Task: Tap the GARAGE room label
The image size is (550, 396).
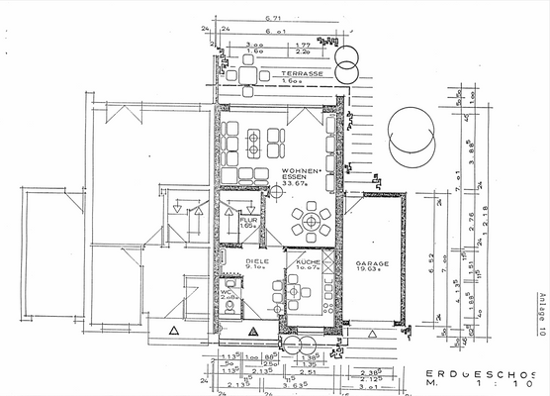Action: pos(373,264)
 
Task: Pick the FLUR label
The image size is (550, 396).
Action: pos(247,221)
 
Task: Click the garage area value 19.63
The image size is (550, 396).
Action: pos(373,272)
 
